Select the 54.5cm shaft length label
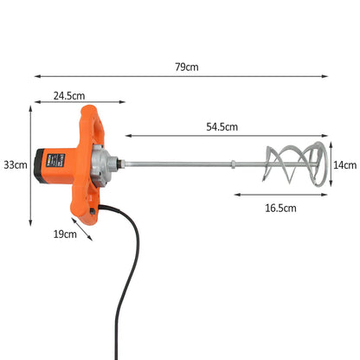coord(223,126)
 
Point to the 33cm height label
coord(15,164)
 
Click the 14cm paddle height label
coord(344,164)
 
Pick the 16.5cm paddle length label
coord(280,208)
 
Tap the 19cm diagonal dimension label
coord(63,233)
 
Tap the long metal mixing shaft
coord(199,164)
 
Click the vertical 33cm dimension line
coord(32,164)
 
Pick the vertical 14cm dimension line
coord(334,164)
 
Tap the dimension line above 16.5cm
coord(281,195)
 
